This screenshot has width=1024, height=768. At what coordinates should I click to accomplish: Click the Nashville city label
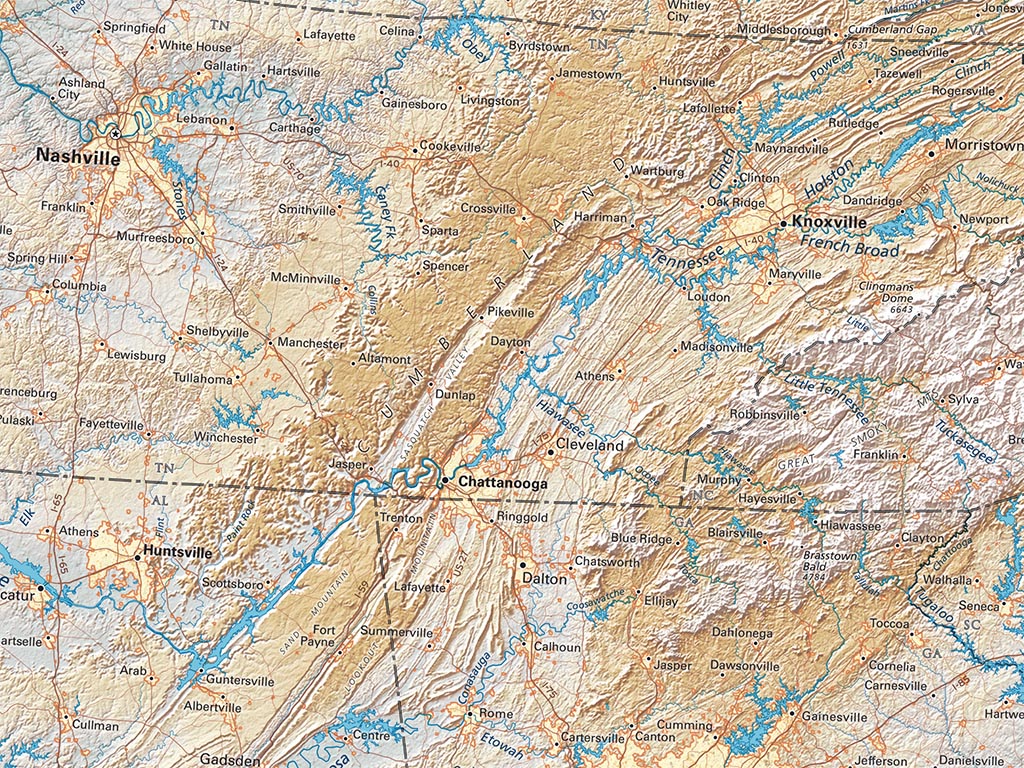(78, 156)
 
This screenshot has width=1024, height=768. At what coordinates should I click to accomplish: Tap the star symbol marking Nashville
(116, 133)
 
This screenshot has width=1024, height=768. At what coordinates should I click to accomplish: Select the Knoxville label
(829, 222)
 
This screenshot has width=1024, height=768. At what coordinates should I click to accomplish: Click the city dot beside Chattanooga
(446, 481)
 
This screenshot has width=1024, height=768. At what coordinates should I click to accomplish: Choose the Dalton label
(543, 578)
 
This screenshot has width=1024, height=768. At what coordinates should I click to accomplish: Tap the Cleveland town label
(590, 444)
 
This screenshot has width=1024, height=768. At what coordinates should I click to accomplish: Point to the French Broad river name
(849, 246)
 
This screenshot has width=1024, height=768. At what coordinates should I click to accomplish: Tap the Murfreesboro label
(155, 239)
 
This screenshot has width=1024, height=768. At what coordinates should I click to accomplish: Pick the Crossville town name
(488, 209)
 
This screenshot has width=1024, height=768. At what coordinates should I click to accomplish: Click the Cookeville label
(450, 146)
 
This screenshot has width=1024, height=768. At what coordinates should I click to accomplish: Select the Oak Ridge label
(735, 201)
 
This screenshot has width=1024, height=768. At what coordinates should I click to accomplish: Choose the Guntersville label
(239, 681)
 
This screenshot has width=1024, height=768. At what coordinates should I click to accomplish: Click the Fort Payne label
(324, 636)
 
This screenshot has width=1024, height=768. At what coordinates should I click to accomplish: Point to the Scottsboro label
(232, 583)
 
